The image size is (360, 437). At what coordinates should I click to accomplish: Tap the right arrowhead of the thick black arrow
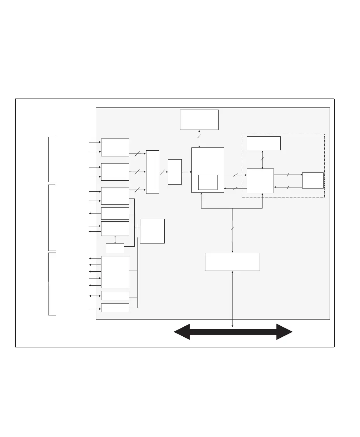[x=285, y=332]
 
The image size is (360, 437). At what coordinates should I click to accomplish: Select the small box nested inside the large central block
[x=208, y=182]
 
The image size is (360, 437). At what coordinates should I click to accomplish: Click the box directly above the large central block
[x=199, y=120]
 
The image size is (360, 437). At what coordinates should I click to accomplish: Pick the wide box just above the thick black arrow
[x=232, y=262]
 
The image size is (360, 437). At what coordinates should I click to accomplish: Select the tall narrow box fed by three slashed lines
[x=152, y=172]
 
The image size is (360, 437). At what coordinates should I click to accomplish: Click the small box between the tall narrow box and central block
[x=175, y=172]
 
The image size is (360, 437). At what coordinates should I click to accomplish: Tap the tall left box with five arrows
[x=115, y=272]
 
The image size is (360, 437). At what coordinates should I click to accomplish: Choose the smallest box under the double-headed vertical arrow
[x=115, y=248]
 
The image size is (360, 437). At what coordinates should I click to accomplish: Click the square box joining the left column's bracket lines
[x=152, y=231]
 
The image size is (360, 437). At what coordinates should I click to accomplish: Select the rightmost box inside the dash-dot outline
[x=312, y=180]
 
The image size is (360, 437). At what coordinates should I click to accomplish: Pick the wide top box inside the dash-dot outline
[x=264, y=143]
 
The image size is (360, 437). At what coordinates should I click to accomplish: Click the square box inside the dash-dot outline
[x=260, y=181]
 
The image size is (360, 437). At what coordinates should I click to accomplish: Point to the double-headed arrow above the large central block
[x=199, y=139]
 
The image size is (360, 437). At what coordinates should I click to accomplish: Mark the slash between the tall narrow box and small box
[x=162, y=172]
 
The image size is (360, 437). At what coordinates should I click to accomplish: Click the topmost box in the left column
[x=115, y=147]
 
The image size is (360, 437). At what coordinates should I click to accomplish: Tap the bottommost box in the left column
[x=115, y=307]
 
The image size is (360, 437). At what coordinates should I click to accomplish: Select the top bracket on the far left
[x=49, y=159]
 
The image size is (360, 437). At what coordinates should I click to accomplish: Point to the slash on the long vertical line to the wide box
[x=232, y=228]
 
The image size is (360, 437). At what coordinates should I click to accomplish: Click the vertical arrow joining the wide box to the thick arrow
[x=232, y=298]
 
